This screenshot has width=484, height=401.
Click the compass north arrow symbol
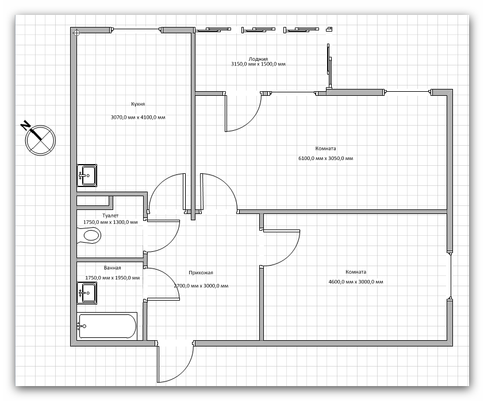(40, 140)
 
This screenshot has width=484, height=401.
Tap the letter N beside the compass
(25, 126)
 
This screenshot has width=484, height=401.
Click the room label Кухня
(138, 104)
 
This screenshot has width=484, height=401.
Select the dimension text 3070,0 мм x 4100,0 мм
(138, 118)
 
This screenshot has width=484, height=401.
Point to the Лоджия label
(258, 59)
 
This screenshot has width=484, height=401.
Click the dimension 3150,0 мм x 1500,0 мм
(258, 64)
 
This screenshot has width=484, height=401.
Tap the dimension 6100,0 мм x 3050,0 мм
(326, 158)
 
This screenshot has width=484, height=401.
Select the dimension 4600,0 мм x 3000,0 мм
(356, 282)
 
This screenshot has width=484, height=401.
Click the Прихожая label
(201, 272)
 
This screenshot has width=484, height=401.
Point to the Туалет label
(110, 216)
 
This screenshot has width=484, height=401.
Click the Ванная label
(112, 268)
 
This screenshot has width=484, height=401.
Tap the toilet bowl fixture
(89, 236)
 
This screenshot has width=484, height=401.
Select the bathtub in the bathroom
(107, 326)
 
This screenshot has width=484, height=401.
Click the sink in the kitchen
(87, 176)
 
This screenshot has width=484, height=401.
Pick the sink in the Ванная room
(87, 293)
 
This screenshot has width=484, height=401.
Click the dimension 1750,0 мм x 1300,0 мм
(110, 222)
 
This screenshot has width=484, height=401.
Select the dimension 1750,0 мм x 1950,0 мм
(112, 278)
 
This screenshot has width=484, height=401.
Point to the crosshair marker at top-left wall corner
(76, 32)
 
